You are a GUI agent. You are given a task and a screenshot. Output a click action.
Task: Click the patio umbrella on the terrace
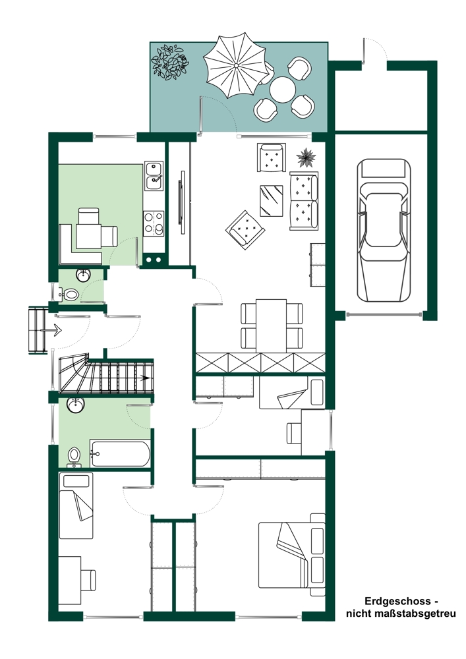(x=235, y=65)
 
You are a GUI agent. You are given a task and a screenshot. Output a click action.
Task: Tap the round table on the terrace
(x=282, y=90)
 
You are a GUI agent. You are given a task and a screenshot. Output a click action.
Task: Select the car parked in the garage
(x=384, y=229)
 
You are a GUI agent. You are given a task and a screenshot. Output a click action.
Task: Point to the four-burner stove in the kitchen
(x=154, y=223)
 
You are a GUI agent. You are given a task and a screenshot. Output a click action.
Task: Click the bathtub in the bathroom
(x=120, y=453)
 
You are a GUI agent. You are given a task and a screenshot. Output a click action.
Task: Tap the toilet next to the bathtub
(x=74, y=457)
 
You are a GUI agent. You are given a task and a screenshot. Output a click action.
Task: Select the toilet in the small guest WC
(x=69, y=294)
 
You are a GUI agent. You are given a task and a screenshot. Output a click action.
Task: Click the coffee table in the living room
(x=271, y=200)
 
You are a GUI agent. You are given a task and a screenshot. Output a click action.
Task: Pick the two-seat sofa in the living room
(x=303, y=200)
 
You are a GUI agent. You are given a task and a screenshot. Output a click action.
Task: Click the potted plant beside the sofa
(x=306, y=158)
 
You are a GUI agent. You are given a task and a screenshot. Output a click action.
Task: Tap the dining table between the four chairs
(x=271, y=326)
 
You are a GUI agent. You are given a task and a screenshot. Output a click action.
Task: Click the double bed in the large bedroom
(x=291, y=555)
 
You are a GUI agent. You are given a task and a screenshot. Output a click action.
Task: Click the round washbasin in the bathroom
(x=76, y=405)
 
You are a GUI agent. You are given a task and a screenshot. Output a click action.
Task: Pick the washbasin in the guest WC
(x=83, y=275)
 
